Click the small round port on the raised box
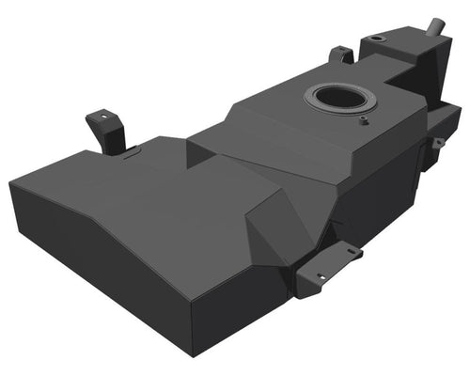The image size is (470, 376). click(x=379, y=39)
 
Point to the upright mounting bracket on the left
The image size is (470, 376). click(x=105, y=130)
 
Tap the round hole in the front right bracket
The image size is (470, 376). click(x=319, y=276)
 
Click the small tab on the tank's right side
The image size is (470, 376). click(x=438, y=142)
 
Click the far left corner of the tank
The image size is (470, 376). click(x=10, y=183)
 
